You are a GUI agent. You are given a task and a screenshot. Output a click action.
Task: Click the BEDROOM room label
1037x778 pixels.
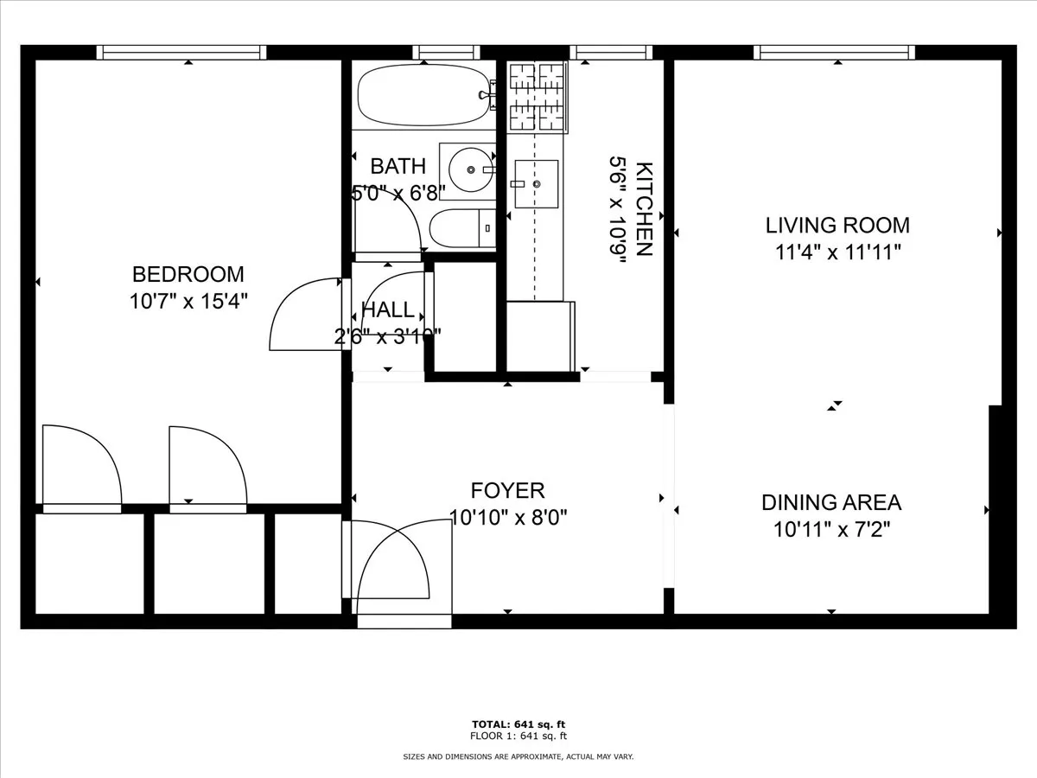coord(188,274)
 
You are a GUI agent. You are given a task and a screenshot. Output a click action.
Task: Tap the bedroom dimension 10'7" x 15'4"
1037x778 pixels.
coord(188,303)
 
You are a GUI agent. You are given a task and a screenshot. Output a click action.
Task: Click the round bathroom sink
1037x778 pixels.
coord(471,170)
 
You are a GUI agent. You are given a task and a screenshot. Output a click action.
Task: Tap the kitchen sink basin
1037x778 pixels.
coord(536,184)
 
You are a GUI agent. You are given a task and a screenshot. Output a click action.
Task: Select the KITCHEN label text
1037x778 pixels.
coord(644,209)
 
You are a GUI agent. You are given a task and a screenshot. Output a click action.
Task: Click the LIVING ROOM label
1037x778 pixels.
coord(837,226)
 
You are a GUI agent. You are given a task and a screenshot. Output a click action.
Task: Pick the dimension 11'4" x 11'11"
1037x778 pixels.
coord(837,252)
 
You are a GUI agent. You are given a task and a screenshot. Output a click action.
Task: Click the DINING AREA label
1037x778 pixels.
coord(831,502)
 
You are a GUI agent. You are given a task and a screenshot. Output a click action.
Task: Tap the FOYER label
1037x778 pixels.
coord(508,491)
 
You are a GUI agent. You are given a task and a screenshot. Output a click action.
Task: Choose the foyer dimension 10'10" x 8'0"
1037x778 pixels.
coord(508,518)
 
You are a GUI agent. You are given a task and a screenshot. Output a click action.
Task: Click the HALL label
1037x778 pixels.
coord(387,309)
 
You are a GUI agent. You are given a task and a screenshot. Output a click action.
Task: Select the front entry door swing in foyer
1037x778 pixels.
coord(398,562)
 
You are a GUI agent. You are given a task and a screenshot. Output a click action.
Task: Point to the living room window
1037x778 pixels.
coord(834,53)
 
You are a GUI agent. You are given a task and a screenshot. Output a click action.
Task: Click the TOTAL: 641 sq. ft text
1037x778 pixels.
coord(518,724)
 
